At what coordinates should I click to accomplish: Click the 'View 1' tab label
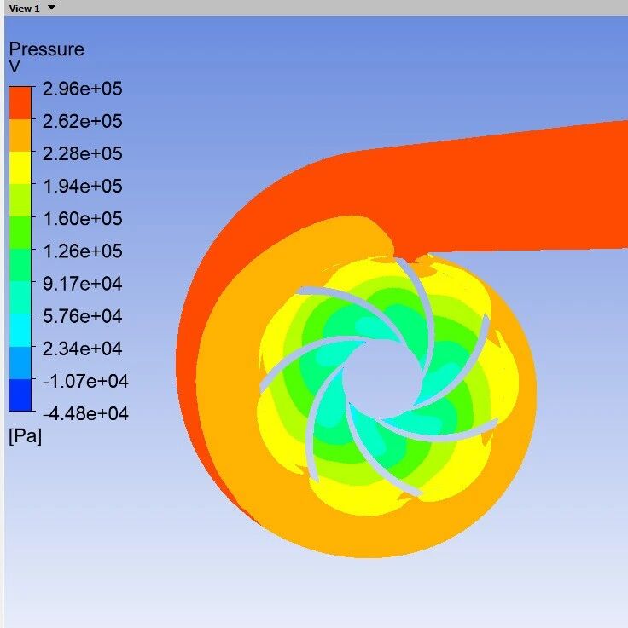[x=24, y=8]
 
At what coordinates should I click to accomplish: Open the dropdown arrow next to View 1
[x=51, y=8]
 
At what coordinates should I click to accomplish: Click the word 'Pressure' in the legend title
[x=46, y=49]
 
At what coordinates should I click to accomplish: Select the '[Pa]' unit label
[x=25, y=436]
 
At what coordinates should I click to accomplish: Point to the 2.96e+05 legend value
[x=82, y=89]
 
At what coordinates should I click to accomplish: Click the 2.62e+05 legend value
[x=82, y=121]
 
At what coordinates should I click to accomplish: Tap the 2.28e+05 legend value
[x=82, y=153]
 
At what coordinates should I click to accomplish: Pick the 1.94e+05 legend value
[x=82, y=186]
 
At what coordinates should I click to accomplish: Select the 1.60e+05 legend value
[x=82, y=218]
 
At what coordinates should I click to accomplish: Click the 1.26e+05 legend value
[x=82, y=251]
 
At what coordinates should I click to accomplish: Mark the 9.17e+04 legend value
[x=82, y=283]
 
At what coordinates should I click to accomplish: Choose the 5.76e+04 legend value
[x=82, y=315]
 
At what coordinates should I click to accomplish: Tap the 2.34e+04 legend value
[x=82, y=348]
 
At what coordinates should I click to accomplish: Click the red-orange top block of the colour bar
[x=20, y=103]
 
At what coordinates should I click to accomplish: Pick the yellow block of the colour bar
[x=20, y=168]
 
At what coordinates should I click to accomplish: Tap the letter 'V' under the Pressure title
[x=15, y=66]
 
